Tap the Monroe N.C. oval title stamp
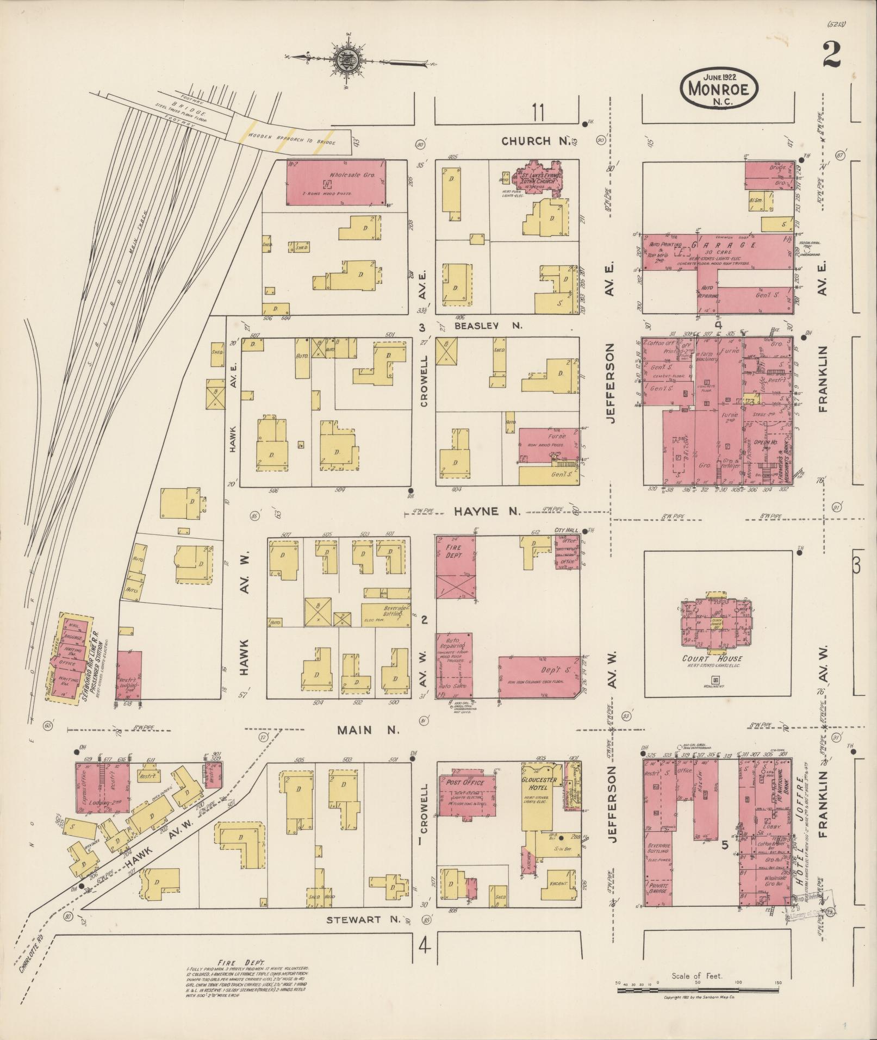(x=718, y=91)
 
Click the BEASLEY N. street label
(x=488, y=326)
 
